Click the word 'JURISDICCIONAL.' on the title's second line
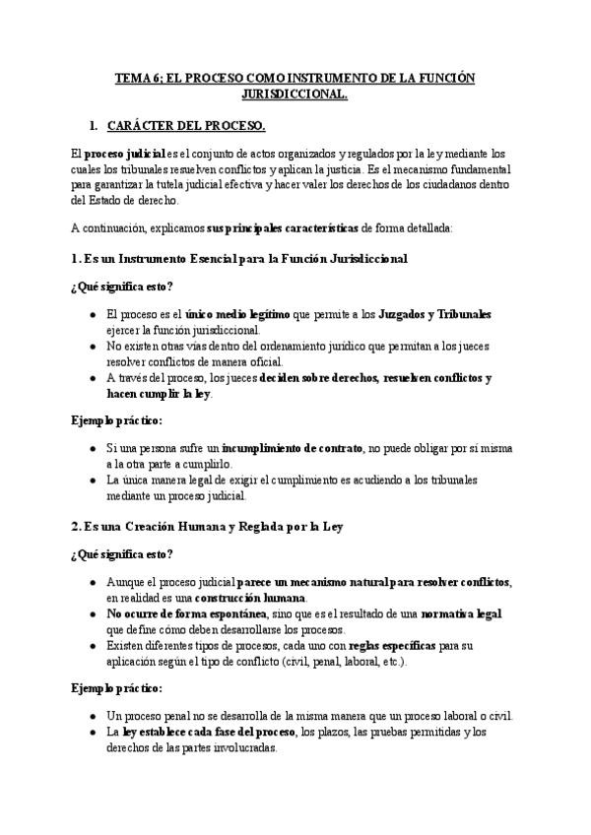[295, 96]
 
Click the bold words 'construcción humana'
[251, 598]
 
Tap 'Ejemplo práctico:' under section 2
[116, 688]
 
